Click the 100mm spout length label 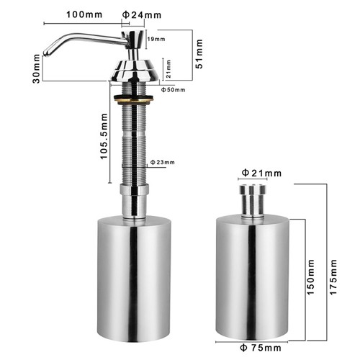pyautogui.click(x=84, y=14)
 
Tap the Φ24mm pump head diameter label pyautogui.click(x=142, y=15)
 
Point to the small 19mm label pyautogui.click(x=156, y=39)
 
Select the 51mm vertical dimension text pyautogui.click(x=199, y=54)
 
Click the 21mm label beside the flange pyautogui.click(x=168, y=69)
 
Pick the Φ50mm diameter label pyautogui.click(x=173, y=90)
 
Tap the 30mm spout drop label pyautogui.click(x=36, y=68)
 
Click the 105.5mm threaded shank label pyautogui.click(x=104, y=136)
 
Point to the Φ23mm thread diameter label pyautogui.click(x=163, y=163)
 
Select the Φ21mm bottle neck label pyautogui.click(x=261, y=173)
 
